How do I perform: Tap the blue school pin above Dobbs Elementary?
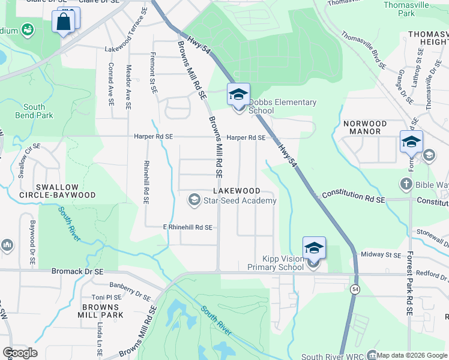coord(238,94)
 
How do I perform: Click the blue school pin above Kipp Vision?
coord(314,248)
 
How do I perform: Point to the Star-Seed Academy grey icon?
coord(194,200)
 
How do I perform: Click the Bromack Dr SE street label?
coord(77,272)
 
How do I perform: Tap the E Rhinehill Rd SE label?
coord(188,227)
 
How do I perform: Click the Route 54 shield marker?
coord(356,290)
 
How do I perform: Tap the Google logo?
coord(20,353)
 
